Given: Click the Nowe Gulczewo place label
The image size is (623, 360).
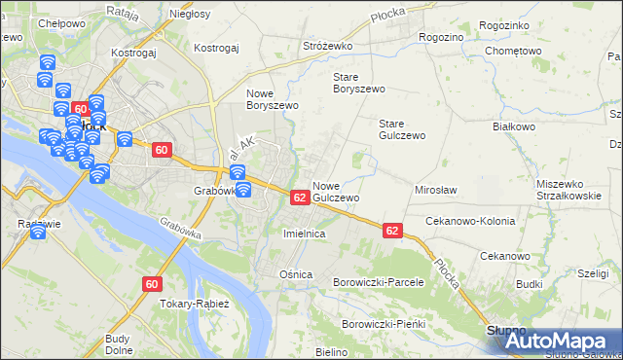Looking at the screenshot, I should [337, 191].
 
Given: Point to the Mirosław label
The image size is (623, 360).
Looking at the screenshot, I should [436, 191].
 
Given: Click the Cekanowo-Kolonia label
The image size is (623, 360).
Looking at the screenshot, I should [470, 221].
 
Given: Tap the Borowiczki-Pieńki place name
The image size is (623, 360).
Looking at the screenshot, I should [385, 323].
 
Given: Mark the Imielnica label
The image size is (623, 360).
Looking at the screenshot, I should [303, 234].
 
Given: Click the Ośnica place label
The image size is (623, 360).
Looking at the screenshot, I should [296, 274].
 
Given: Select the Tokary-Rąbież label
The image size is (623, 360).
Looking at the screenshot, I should [193, 304].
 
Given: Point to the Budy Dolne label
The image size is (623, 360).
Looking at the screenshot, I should [118, 344].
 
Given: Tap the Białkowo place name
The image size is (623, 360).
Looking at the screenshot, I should [515, 126].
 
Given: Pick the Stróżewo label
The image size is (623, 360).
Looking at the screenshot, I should [326, 46].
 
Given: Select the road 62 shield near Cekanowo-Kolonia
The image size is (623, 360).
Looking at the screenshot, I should [392, 231].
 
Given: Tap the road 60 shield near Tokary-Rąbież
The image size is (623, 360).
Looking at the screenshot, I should [151, 284].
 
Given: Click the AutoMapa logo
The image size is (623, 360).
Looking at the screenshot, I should [555, 341].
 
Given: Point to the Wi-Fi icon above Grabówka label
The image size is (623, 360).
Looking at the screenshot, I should [237, 173].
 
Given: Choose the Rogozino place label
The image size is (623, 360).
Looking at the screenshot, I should [441, 36].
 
